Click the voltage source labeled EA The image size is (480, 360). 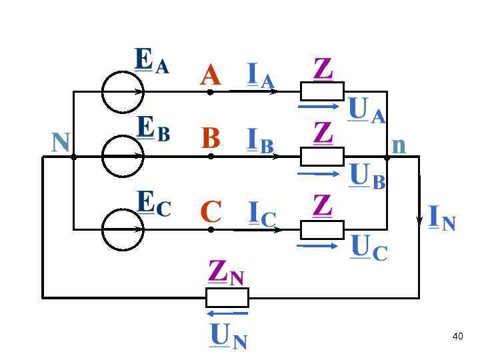123,91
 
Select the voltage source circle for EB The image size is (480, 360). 123,157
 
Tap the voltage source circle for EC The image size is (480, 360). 123,229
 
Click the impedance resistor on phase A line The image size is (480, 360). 322,91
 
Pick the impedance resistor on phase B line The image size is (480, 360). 322,157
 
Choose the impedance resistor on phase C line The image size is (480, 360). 322,229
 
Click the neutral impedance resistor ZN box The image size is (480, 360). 227,297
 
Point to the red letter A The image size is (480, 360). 210,76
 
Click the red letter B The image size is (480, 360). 211,139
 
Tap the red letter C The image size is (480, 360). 211,212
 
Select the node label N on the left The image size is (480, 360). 61,141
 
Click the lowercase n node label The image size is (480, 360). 399,145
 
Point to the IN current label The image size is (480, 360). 442,217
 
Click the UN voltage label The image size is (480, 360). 228,336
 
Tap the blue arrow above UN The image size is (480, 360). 227,313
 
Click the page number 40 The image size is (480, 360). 457,336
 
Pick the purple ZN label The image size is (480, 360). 226,272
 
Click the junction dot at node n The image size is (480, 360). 387,157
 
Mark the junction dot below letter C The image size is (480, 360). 211,229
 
